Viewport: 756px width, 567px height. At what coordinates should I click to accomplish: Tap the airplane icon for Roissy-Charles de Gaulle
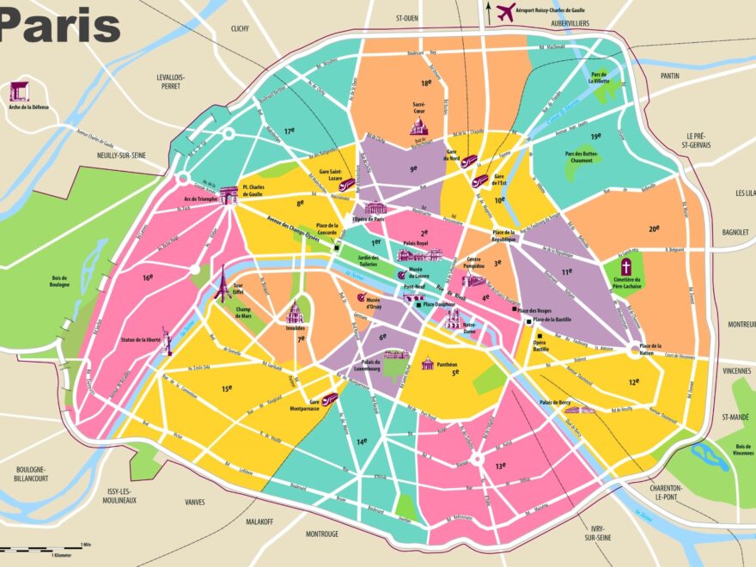click(505, 12)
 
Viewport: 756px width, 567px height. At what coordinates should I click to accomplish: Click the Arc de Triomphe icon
click(228, 197)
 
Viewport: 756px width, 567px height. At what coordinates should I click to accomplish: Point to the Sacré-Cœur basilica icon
click(418, 126)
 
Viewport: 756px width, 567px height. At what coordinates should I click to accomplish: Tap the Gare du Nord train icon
click(469, 161)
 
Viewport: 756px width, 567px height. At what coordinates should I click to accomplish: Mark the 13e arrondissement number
click(501, 466)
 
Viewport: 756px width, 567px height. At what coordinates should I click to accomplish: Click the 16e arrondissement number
click(148, 277)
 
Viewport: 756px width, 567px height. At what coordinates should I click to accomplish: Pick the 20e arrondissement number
click(654, 229)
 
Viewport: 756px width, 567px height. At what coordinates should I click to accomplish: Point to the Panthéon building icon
click(427, 363)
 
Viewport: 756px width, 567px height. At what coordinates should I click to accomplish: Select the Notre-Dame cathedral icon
click(453, 318)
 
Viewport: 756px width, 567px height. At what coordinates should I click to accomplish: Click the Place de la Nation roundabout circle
click(635, 349)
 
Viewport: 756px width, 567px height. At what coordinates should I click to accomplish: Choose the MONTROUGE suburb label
click(321, 533)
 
